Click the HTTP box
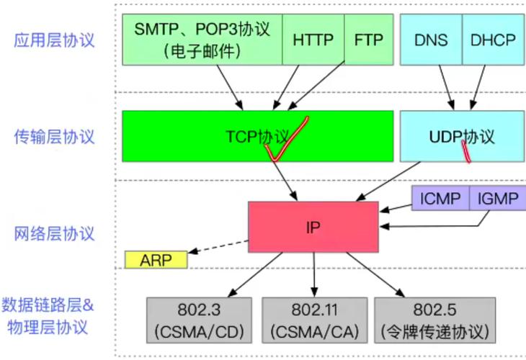pyautogui.click(x=313, y=40)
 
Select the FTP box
pyautogui.click(x=369, y=40)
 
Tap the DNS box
pyautogui.click(x=430, y=40)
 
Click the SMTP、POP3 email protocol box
pyautogui.click(x=202, y=40)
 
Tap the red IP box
pyautogui.click(x=313, y=227)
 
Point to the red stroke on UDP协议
pyautogui.click(x=465, y=150)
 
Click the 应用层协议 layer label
pyautogui.click(x=54, y=40)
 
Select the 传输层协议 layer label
pyautogui.click(x=54, y=136)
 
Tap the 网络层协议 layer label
pyautogui.click(x=54, y=233)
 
